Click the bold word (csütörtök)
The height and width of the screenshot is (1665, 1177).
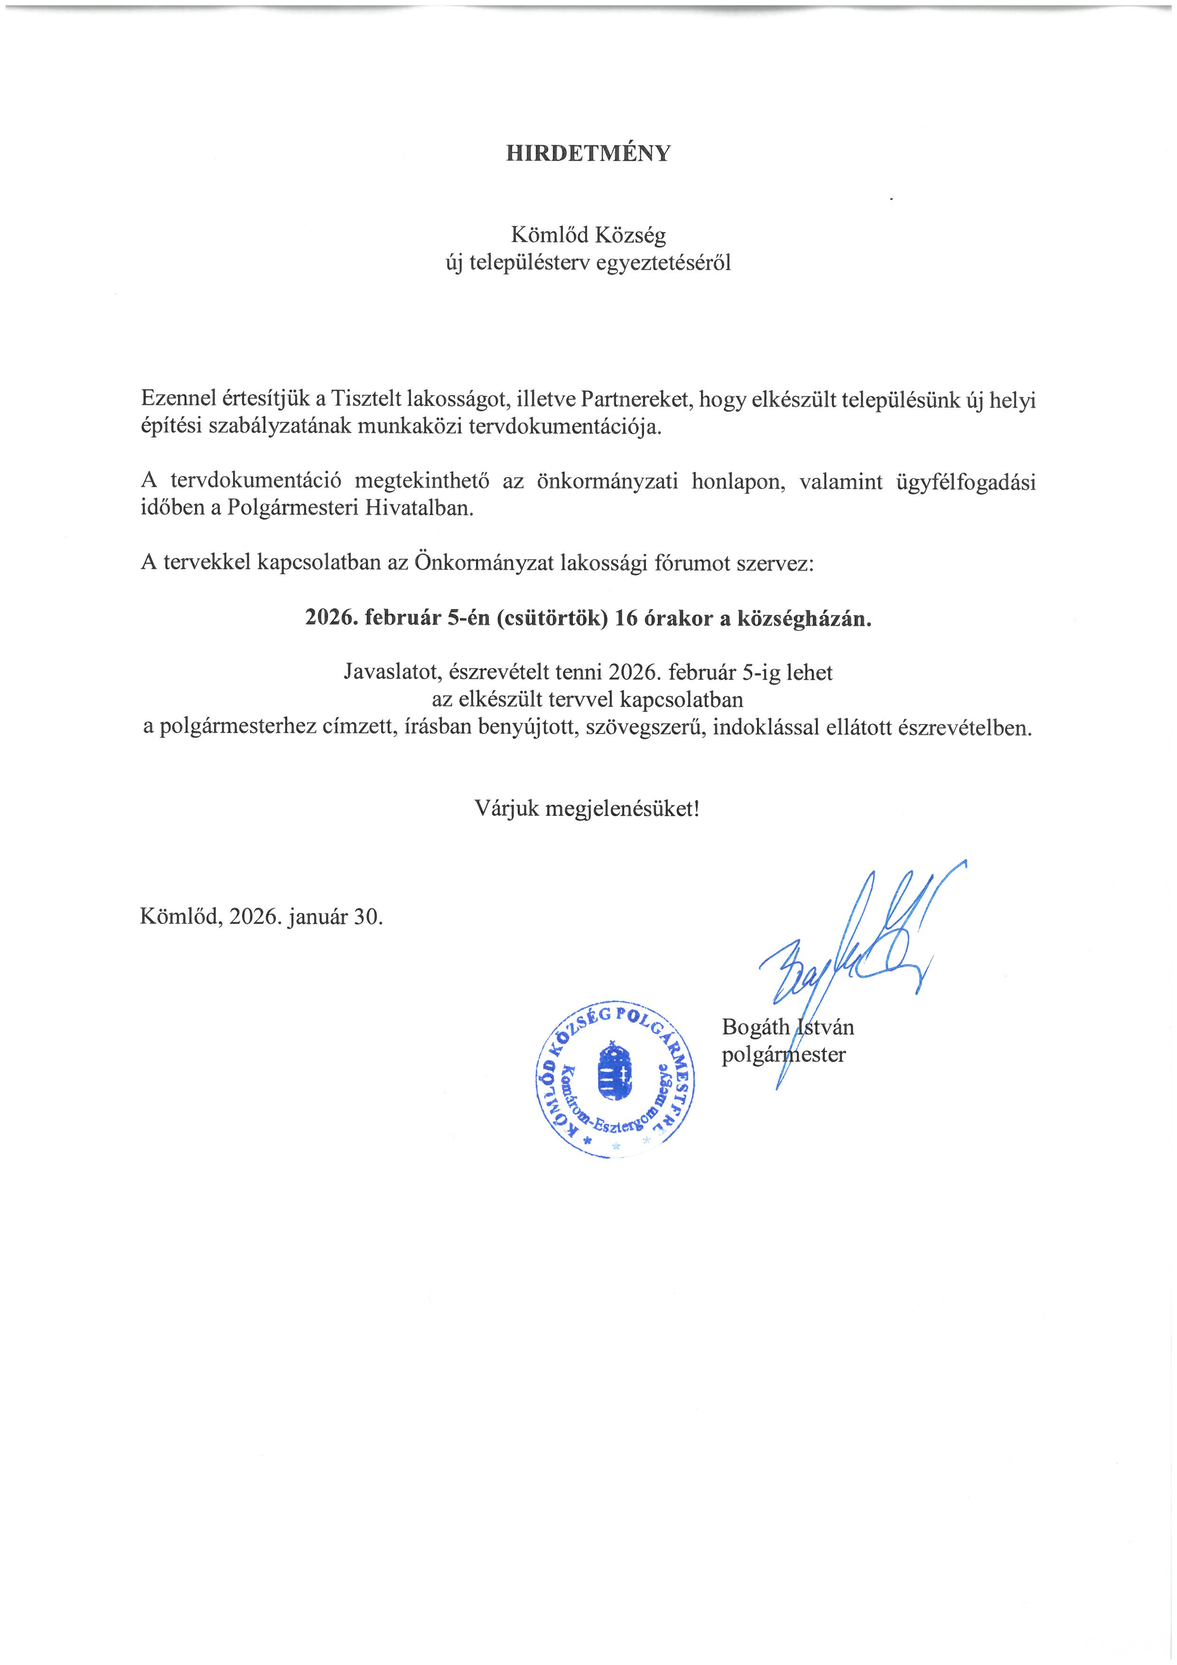(x=551, y=619)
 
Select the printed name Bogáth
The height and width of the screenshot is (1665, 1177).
(x=755, y=1027)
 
